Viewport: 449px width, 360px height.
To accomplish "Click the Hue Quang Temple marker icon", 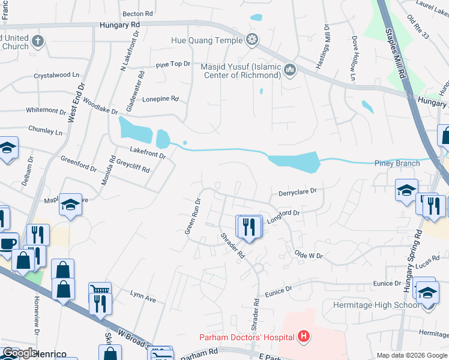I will [x=253, y=40].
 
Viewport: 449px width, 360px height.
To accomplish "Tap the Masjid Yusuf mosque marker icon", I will [x=291, y=71].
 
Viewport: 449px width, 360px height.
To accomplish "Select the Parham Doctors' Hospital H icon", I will [x=304, y=336].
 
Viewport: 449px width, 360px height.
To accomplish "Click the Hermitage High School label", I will [x=376, y=305].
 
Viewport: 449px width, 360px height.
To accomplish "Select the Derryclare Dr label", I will [x=297, y=193].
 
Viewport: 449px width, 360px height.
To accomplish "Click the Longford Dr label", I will [x=283, y=216].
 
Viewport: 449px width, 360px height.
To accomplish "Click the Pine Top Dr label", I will [x=173, y=64].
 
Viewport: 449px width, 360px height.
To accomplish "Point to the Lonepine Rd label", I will [x=160, y=98].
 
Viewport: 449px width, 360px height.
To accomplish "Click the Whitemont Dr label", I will [x=46, y=111].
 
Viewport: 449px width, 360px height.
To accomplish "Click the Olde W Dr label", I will [x=309, y=256].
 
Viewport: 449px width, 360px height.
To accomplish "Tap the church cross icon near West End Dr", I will [x=37, y=41].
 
